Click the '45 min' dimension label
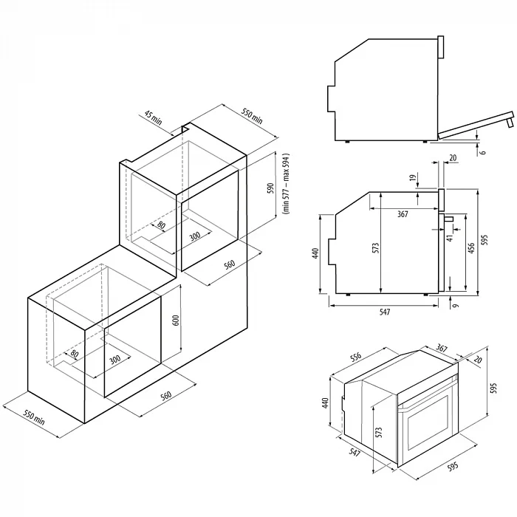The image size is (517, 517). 154,117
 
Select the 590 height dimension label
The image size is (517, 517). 271,188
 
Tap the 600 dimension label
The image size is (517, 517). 176,321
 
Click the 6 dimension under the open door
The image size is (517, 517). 483,152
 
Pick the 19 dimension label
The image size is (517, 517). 412,179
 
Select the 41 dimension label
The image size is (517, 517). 451,237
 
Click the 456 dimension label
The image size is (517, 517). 471,248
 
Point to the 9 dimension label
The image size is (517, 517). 456,306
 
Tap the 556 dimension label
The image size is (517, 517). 355,357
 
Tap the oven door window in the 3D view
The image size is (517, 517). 428,422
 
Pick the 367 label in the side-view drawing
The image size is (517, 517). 403,214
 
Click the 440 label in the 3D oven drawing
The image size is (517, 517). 326,403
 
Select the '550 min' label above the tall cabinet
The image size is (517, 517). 253,117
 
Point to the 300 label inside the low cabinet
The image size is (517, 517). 114,360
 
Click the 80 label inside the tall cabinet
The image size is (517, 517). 161,225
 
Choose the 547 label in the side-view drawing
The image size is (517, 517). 385,312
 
